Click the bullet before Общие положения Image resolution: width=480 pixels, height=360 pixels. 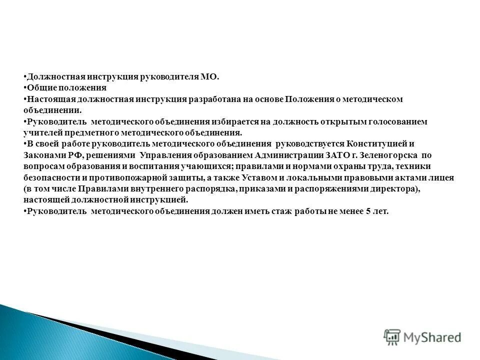25,88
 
